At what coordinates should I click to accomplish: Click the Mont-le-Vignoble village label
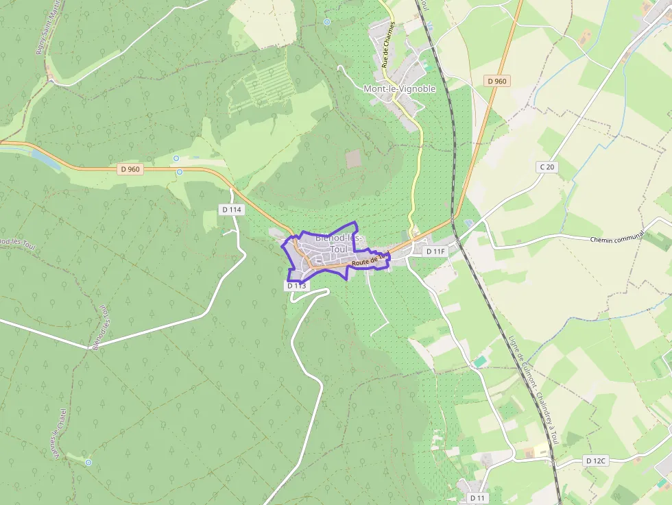pyautogui.click(x=399, y=89)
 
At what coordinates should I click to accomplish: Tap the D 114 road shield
pyautogui.click(x=232, y=210)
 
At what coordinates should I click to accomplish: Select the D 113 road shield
pyautogui.click(x=296, y=286)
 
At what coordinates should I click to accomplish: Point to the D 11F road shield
pyautogui.click(x=435, y=251)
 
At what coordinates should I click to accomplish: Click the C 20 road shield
pyautogui.click(x=546, y=167)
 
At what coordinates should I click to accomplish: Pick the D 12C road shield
pyautogui.click(x=596, y=461)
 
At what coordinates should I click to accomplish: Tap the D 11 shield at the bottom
pyautogui.click(x=477, y=497)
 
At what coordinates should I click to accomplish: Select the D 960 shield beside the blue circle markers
pyautogui.click(x=130, y=169)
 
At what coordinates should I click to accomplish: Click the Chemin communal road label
pyautogui.click(x=617, y=237)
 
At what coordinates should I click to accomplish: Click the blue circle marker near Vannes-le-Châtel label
pyautogui.click(x=88, y=463)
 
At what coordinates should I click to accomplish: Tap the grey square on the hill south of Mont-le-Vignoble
pyautogui.click(x=353, y=159)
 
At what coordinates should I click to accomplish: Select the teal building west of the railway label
pyautogui.click(x=481, y=360)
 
